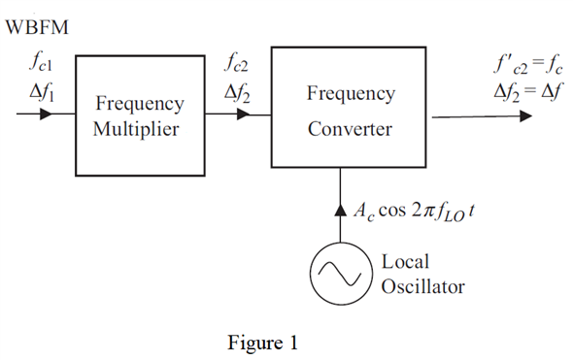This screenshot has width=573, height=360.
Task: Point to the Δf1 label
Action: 41,95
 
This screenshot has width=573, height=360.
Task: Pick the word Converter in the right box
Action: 351,128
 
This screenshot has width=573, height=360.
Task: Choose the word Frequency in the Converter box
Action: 351,94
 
